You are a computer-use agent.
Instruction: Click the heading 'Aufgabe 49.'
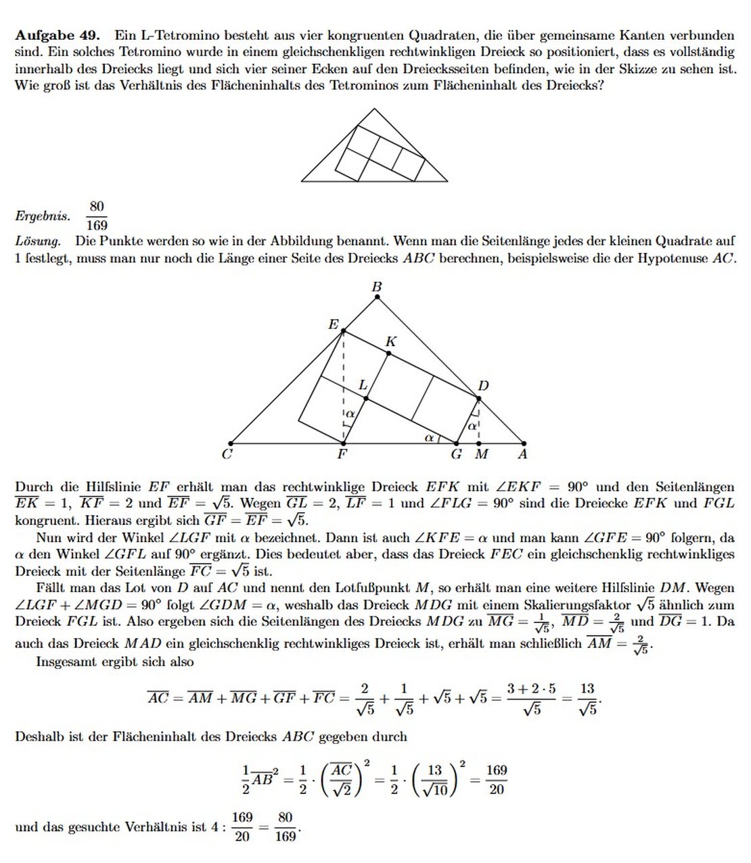point(58,34)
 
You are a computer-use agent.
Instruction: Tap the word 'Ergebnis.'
point(42,216)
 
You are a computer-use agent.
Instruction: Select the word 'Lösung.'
point(38,241)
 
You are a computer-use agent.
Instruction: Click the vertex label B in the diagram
point(377,287)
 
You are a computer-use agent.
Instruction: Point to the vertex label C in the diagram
point(227,454)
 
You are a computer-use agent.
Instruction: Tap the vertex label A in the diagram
point(522,454)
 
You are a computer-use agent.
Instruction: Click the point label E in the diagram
point(333,324)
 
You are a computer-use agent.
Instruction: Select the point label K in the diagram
point(390,342)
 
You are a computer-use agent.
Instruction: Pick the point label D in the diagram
point(483,386)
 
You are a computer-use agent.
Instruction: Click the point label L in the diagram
point(363,385)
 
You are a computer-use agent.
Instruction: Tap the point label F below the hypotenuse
point(342,454)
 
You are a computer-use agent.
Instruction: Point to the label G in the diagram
point(457,454)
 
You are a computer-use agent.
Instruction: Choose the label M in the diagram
point(481,454)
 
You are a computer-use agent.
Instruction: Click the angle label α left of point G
point(429,437)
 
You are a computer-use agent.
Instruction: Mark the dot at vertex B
point(378,297)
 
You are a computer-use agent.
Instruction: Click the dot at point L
point(366,399)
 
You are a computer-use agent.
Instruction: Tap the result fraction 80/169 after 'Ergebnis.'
point(97,216)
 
